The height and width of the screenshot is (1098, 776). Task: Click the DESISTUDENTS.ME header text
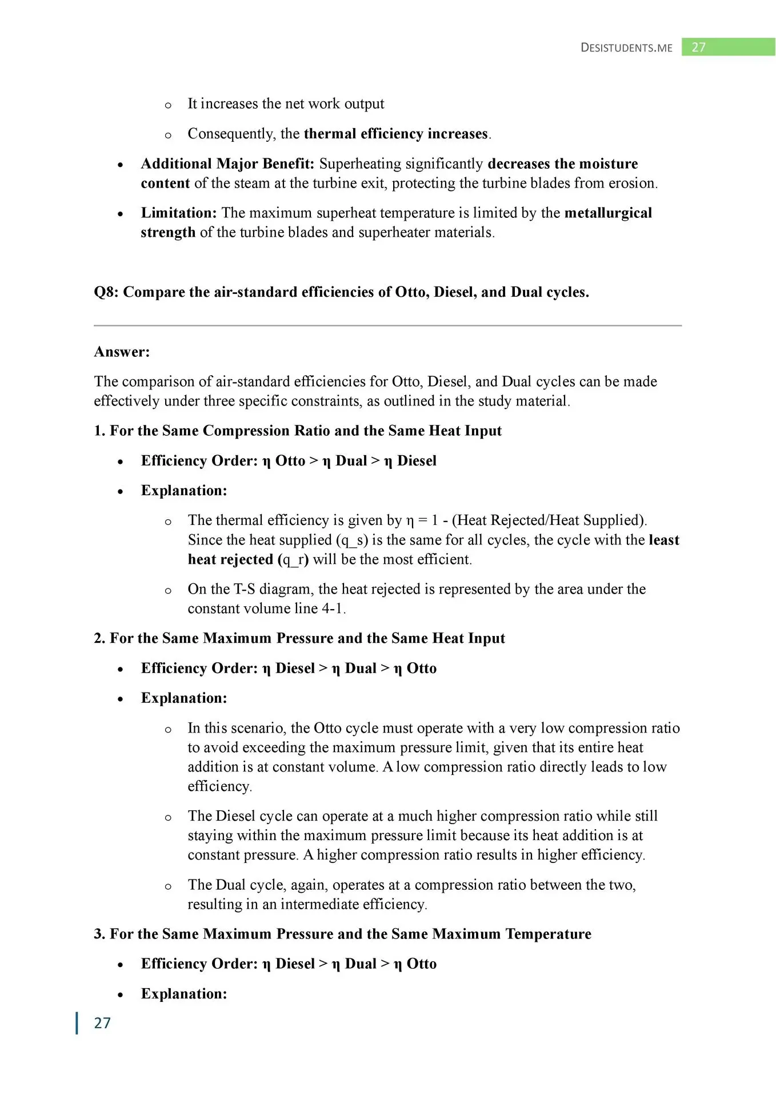[x=626, y=47]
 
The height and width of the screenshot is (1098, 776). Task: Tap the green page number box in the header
[x=728, y=47]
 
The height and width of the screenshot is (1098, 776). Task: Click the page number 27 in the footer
[x=102, y=1023]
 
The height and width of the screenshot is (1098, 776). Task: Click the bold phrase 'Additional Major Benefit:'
[x=227, y=164]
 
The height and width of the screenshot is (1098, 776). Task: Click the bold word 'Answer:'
[x=122, y=352]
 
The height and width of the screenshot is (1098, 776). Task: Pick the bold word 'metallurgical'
[x=608, y=213]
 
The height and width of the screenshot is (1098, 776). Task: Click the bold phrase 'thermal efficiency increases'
[x=396, y=134]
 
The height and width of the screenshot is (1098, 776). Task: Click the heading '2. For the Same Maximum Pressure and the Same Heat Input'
[x=299, y=638]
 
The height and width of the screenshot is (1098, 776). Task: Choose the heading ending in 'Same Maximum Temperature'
[x=342, y=934]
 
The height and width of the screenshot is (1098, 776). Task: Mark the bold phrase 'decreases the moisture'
[x=562, y=164]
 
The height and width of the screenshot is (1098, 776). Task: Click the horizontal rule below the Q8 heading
[x=387, y=325]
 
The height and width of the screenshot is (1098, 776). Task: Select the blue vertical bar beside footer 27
[x=77, y=1023]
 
